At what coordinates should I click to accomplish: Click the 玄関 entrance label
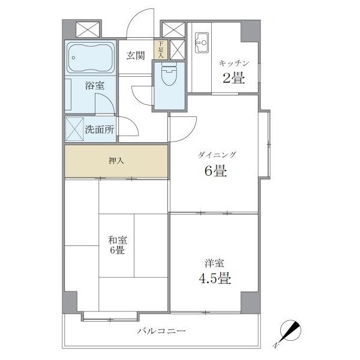(x=136, y=56)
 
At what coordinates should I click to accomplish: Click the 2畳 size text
(x=233, y=77)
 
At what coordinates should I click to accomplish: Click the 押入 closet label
(x=116, y=161)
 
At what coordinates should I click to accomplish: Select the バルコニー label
(x=161, y=331)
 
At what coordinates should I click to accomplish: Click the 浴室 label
(x=95, y=86)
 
